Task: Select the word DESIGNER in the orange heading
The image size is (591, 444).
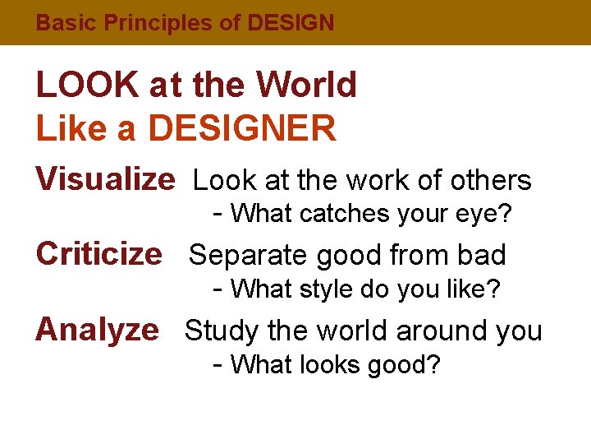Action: pyautogui.click(x=242, y=128)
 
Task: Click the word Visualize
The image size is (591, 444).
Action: pyautogui.click(x=105, y=178)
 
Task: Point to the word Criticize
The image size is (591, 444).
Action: pyautogui.click(x=99, y=254)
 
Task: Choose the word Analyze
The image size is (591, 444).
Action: pyautogui.click(x=97, y=329)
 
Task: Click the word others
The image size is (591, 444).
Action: pyautogui.click(x=493, y=180)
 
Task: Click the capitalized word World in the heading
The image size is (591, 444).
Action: pyautogui.click(x=306, y=85)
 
